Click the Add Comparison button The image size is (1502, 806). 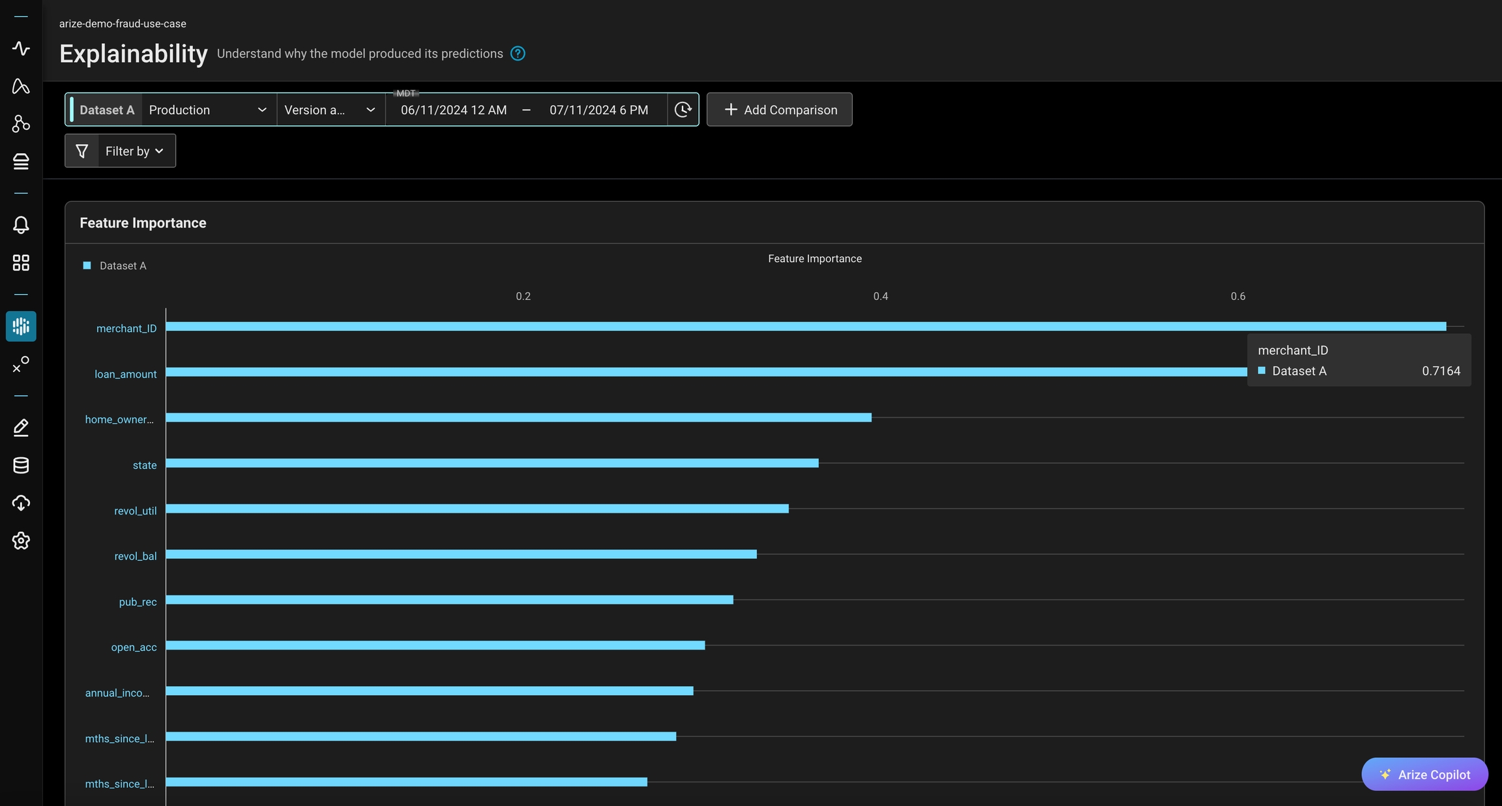[x=780, y=110]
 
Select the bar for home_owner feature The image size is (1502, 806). [x=518, y=417]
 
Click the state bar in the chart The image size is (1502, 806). [x=492, y=463]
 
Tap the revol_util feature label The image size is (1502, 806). [x=135, y=511]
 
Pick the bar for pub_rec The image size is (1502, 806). [x=449, y=600]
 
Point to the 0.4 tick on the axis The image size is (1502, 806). [x=880, y=296]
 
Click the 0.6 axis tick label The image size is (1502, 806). [x=1237, y=296]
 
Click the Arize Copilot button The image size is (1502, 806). [x=1424, y=775]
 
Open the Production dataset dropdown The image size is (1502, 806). [x=207, y=110]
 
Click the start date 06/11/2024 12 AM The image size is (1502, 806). [x=454, y=110]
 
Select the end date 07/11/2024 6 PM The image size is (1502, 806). [x=598, y=110]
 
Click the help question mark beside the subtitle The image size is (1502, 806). [x=518, y=53]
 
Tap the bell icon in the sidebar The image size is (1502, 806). [x=21, y=225]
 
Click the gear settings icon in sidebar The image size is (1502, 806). [x=21, y=541]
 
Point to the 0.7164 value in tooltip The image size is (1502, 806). [x=1441, y=371]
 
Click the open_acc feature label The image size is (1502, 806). [x=134, y=648]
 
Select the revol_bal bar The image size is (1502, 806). [x=461, y=554]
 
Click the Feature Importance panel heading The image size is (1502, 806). [x=143, y=223]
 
